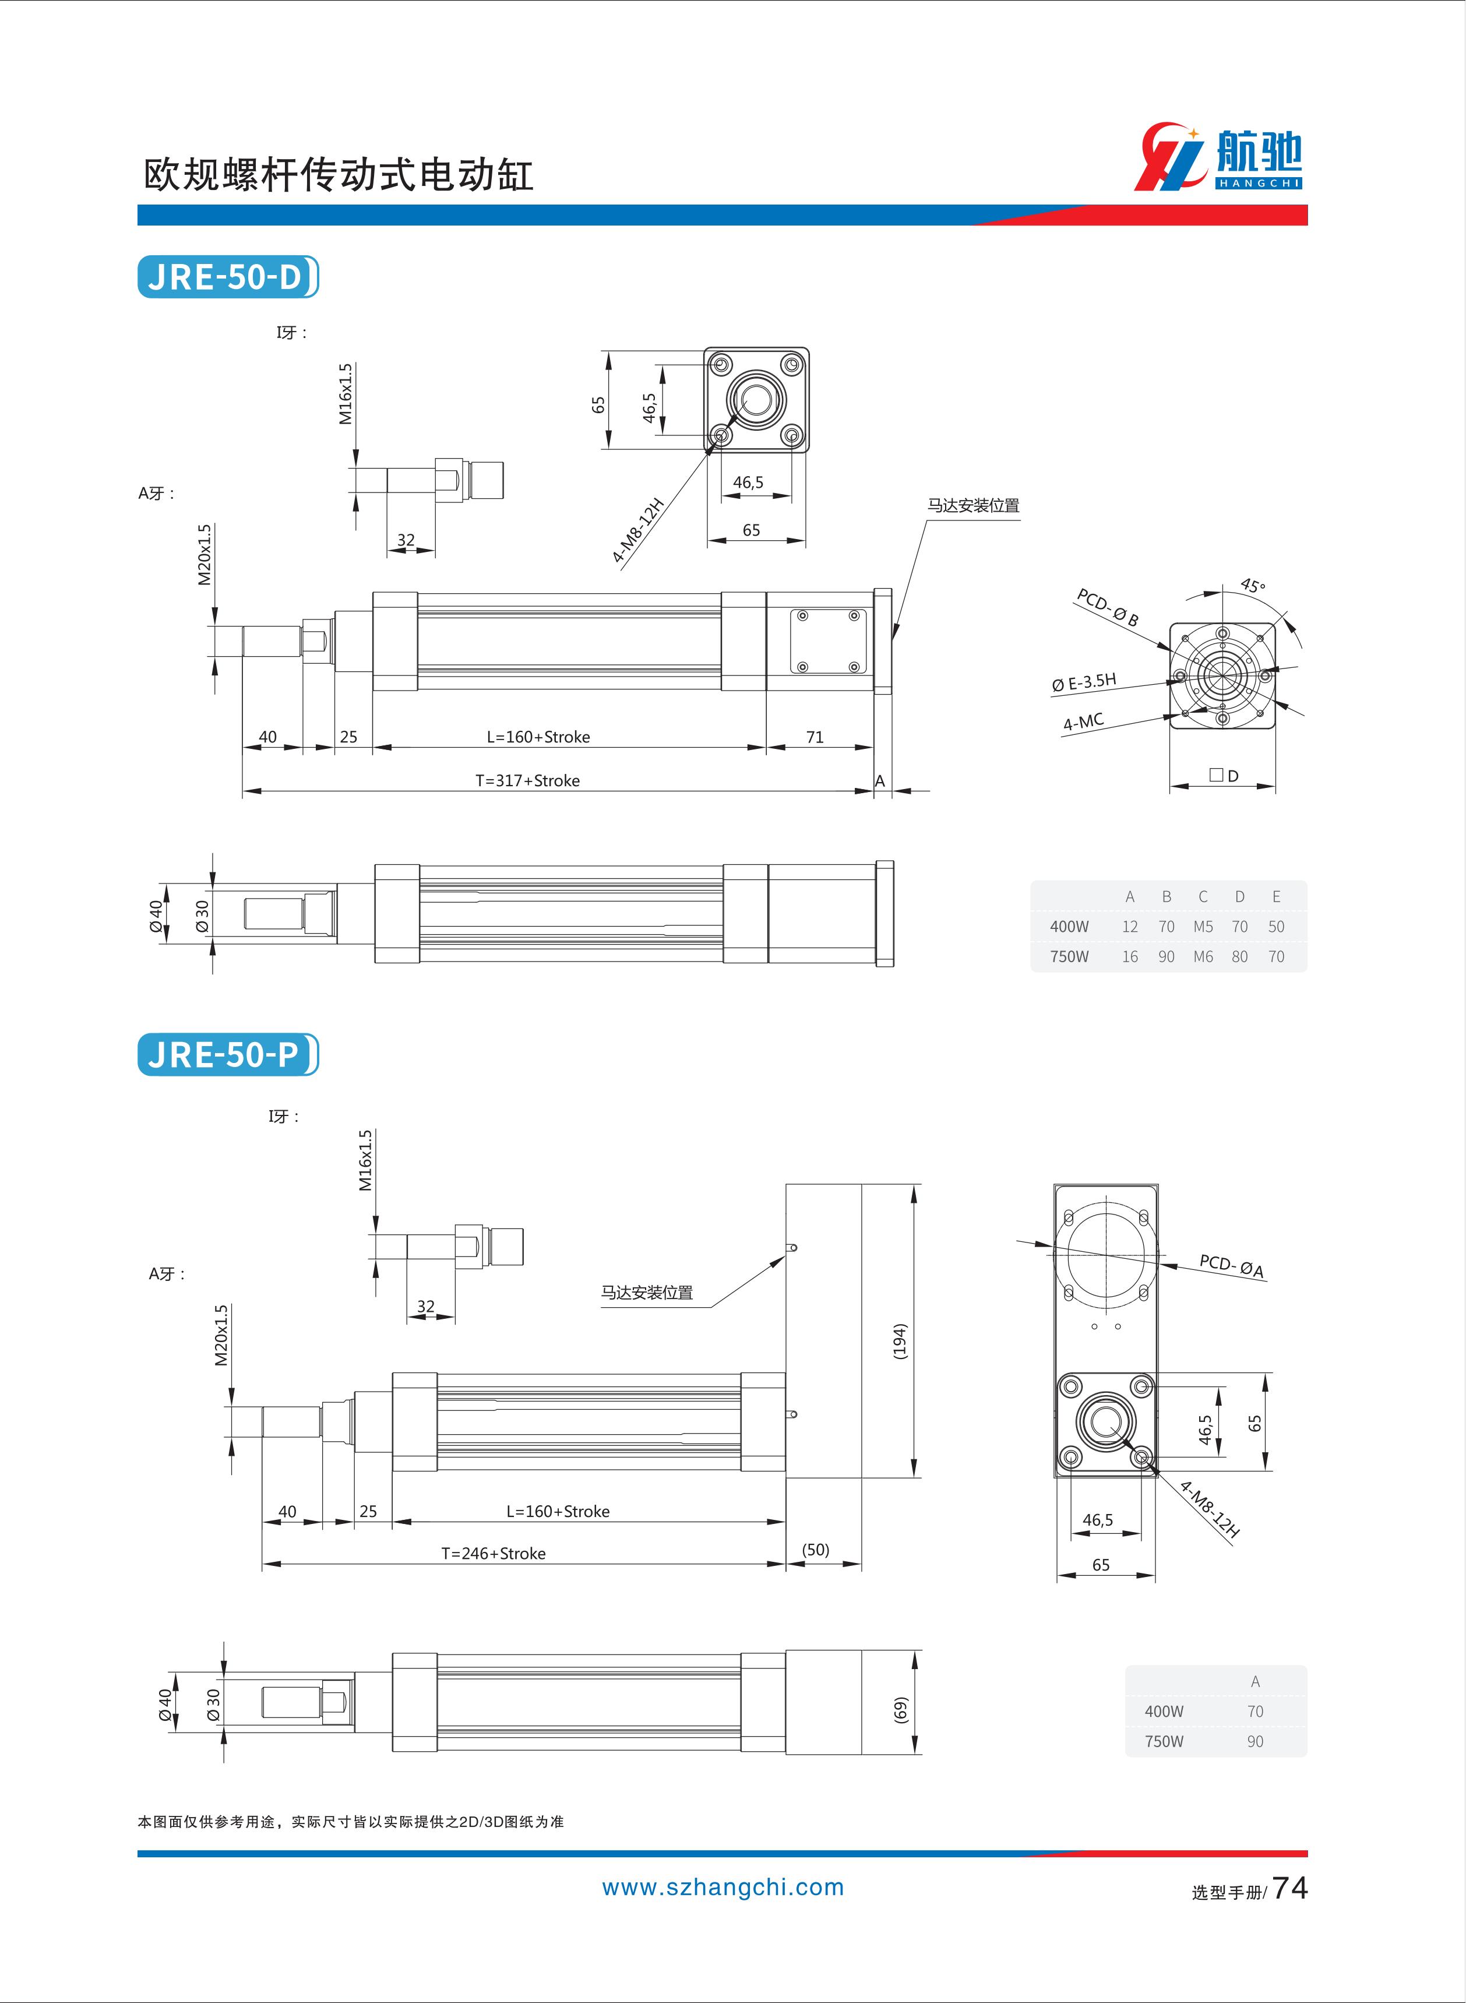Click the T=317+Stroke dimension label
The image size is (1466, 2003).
(x=527, y=781)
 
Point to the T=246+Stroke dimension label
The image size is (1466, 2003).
(x=494, y=1553)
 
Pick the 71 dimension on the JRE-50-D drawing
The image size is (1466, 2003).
(x=815, y=737)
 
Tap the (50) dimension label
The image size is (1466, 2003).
(x=816, y=1550)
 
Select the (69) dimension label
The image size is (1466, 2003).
(x=900, y=1710)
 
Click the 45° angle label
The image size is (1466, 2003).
(x=1252, y=586)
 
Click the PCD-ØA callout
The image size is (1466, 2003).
(x=1231, y=1266)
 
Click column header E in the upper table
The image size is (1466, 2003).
(x=1276, y=896)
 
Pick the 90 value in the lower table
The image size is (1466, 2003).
(x=1255, y=1741)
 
